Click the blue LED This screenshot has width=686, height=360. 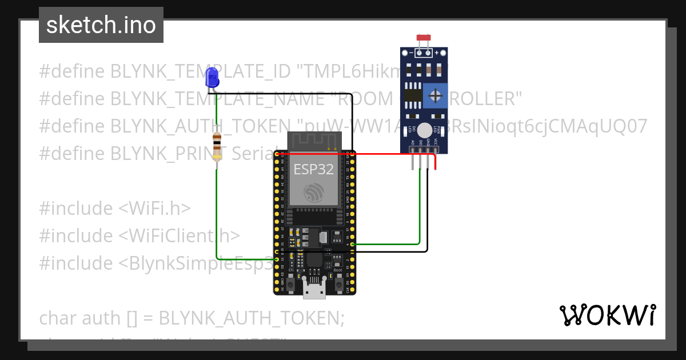(x=212, y=77)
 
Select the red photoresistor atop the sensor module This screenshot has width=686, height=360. (x=424, y=38)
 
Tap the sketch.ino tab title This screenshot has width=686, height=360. (x=101, y=25)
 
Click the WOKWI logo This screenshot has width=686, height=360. (x=607, y=315)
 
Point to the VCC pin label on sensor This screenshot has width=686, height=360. (x=436, y=142)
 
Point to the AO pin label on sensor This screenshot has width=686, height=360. (x=412, y=142)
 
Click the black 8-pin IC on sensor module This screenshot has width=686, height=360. (x=411, y=96)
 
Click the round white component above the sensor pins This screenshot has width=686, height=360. (x=424, y=130)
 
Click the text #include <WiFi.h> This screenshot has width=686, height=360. (x=115, y=208)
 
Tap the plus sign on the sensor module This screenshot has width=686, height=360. (x=437, y=53)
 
